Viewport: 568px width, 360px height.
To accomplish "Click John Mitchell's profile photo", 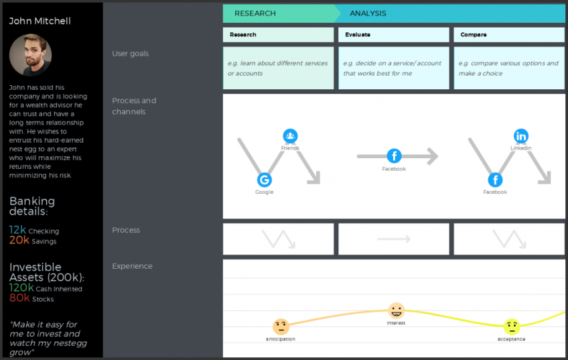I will point(30,55).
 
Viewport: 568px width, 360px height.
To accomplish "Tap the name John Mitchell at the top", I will point(40,21).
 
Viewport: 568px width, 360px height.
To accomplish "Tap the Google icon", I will point(264,180).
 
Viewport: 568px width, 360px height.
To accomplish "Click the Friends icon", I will point(290,136).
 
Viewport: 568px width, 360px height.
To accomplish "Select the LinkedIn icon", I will point(520,136).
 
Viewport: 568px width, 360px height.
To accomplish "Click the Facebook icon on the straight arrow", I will point(394,156).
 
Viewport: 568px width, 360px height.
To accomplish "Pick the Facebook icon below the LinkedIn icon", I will point(495,180).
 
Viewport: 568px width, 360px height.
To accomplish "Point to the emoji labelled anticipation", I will point(281,326).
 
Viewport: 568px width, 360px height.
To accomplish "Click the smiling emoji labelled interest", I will point(397,310).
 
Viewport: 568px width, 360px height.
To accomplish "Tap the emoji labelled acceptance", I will point(512,326).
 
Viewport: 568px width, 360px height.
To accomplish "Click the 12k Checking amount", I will point(18,231).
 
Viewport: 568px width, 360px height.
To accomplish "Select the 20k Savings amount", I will point(19,241).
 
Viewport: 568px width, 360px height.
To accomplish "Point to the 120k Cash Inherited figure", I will point(21,288).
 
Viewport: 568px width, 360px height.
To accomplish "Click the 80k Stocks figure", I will point(19,298).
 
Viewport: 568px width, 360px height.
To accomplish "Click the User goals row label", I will point(130,54).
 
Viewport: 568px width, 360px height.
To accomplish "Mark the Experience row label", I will point(132,266).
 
